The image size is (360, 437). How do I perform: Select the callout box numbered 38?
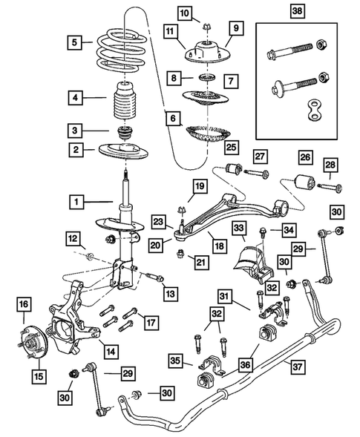pos(296,12)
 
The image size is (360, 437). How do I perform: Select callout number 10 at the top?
pos(184,12)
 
